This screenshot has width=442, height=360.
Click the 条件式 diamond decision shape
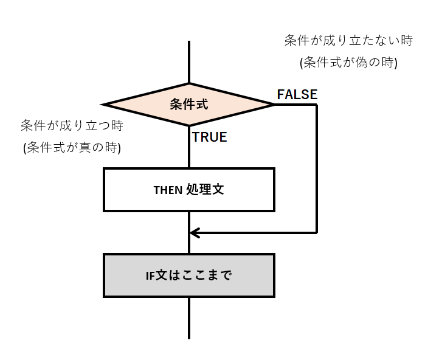click(x=189, y=105)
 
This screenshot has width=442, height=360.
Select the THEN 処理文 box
click(x=189, y=190)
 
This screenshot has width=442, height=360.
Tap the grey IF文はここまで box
click(x=189, y=275)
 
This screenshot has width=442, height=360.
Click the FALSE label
click(x=297, y=94)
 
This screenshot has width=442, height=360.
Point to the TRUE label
click(x=210, y=137)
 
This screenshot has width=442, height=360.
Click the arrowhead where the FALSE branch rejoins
click(x=193, y=232)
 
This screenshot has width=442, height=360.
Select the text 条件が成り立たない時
click(x=348, y=41)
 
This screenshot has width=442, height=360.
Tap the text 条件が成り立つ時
click(x=72, y=126)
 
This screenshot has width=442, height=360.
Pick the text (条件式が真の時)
click(x=72, y=147)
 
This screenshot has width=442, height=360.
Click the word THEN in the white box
click(x=168, y=190)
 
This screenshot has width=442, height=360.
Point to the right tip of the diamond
click(x=274, y=105)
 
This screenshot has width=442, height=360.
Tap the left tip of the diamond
click(x=105, y=105)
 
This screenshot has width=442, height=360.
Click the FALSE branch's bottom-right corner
click(x=317, y=232)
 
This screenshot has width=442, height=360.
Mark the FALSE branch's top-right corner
click(x=317, y=105)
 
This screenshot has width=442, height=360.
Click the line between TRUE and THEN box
click(x=189, y=156)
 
